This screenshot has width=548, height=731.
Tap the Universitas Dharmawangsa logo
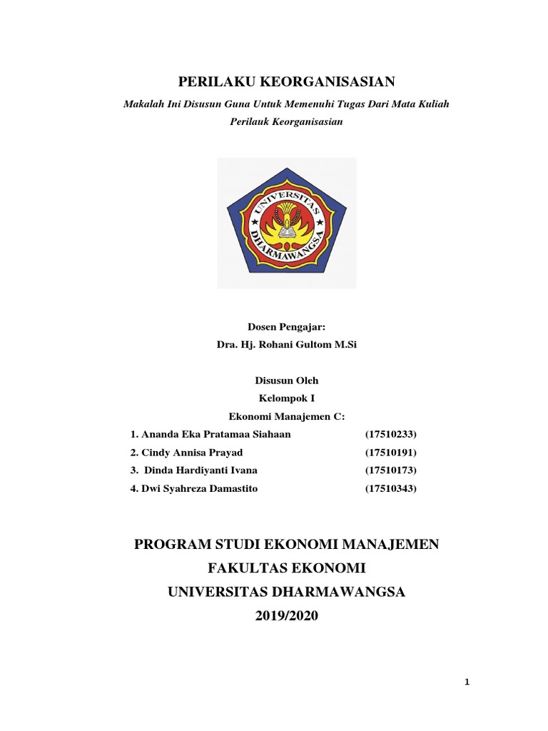coord(286,223)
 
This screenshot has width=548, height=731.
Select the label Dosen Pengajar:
coord(286,327)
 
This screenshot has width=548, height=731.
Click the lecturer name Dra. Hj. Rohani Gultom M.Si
coord(286,345)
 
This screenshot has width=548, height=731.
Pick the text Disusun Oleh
coord(286,381)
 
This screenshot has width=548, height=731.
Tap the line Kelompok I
coord(286,399)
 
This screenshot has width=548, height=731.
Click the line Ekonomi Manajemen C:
coord(286,417)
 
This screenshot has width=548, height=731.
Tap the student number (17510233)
coord(390,435)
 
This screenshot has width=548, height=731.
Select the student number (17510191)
coord(390,453)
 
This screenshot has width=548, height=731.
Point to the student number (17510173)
coord(390,470)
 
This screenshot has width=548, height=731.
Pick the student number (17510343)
coord(390,489)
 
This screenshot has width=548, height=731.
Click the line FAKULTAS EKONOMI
coord(286,569)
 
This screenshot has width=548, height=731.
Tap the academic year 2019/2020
coord(286,616)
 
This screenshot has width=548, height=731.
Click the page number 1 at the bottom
coord(467,683)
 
